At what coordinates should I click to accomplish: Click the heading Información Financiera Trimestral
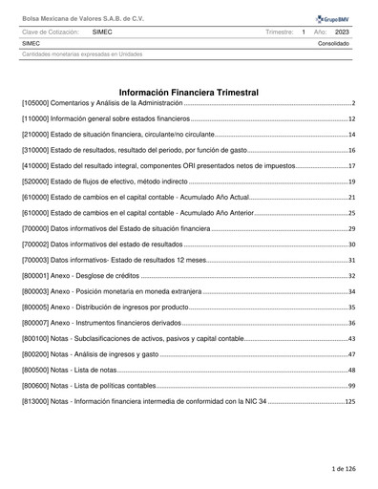tap(188, 91)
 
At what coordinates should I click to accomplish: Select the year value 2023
tap(342, 32)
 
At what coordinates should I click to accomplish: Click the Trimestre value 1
tap(303, 32)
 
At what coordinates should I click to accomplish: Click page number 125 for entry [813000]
tap(349, 400)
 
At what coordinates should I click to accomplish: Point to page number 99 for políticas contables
tap(351, 385)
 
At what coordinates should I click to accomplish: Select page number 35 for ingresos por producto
tap(351, 307)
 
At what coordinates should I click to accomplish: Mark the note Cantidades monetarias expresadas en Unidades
tap(82, 53)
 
